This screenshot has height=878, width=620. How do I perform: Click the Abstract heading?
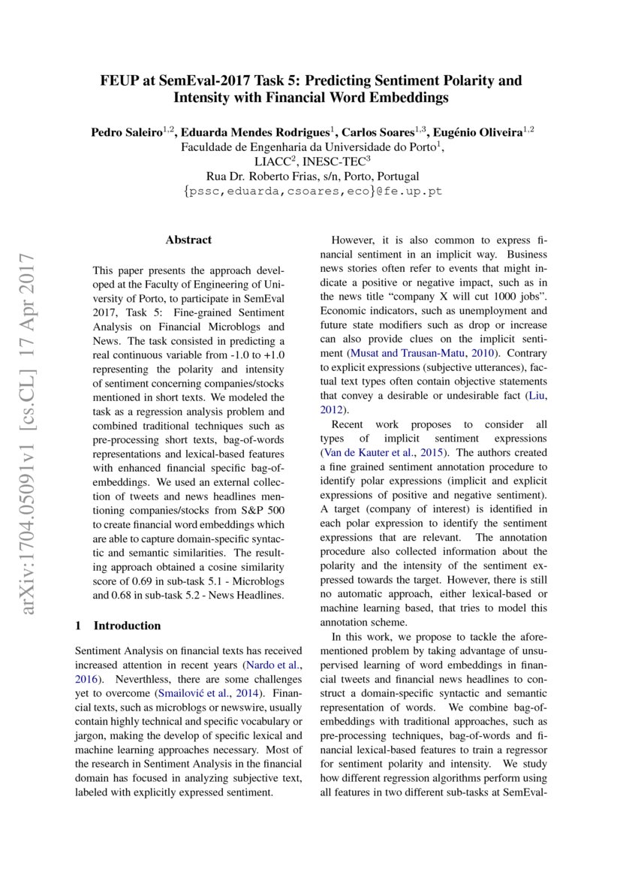pyautogui.click(x=188, y=240)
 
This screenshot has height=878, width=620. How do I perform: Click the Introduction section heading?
pyautogui.click(x=126, y=626)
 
